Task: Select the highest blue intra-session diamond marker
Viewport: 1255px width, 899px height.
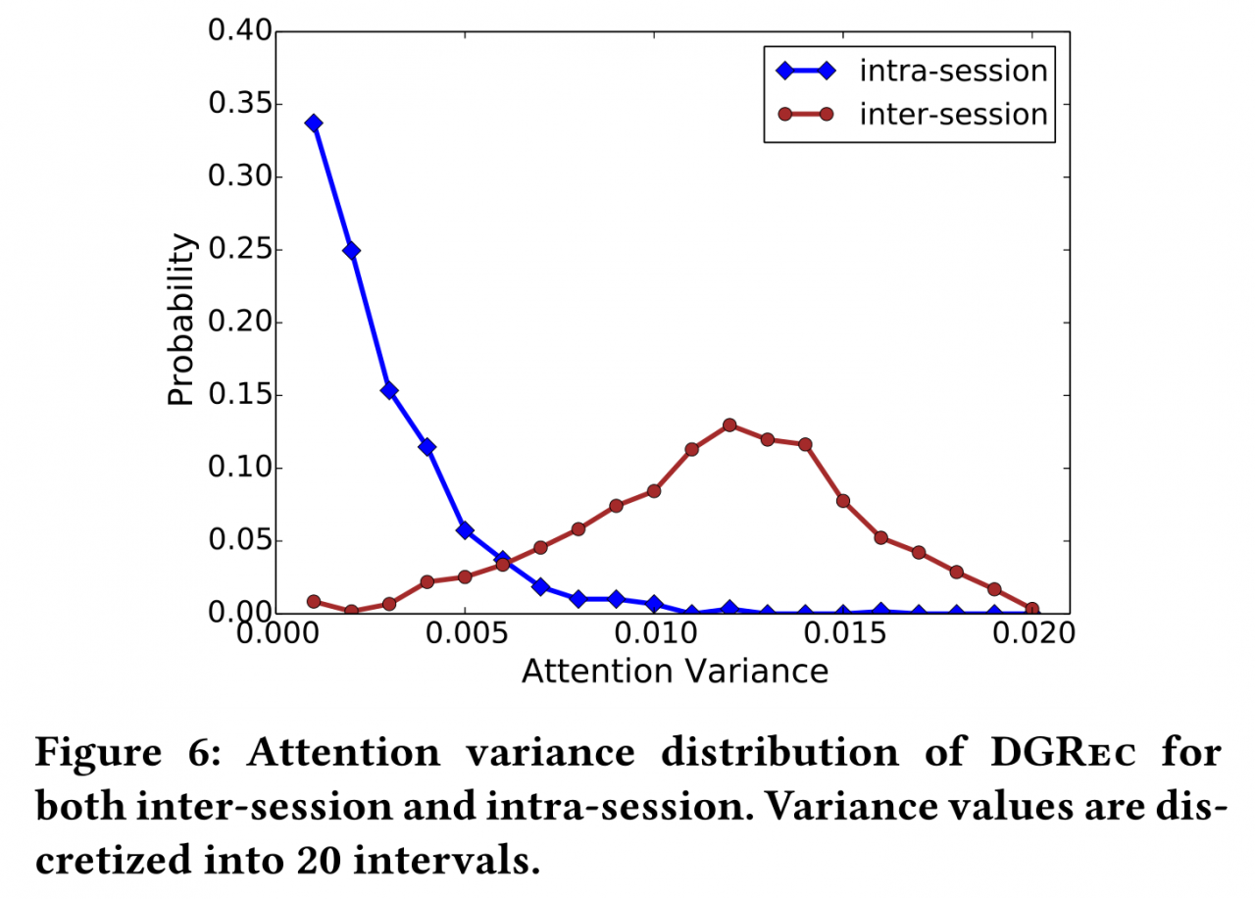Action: coord(314,124)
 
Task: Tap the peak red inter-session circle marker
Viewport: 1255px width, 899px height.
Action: coord(729,425)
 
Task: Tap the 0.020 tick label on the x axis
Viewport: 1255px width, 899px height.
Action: coord(1030,635)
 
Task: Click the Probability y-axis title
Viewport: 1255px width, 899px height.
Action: coord(180,321)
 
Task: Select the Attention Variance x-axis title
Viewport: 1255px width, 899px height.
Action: coord(675,672)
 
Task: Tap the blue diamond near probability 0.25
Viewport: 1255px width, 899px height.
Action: coord(351,251)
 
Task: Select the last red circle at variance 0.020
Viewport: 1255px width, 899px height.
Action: coord(1031,610)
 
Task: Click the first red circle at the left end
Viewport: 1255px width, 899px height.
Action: coord(314,601)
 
